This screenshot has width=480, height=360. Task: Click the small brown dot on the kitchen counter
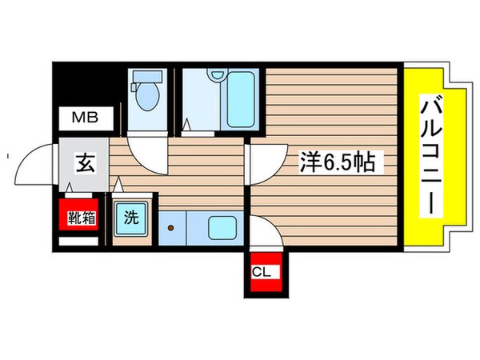click(x=170, y=228)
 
